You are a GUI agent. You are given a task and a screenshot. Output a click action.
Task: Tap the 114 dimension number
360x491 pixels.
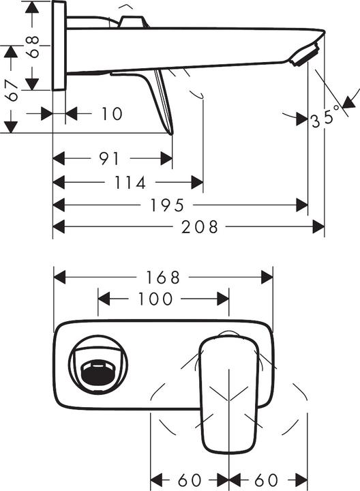[132, 183]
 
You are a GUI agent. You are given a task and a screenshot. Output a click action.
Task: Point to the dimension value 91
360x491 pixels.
[109, 159]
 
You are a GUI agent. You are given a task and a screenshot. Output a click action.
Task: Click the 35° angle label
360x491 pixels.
[325, 119]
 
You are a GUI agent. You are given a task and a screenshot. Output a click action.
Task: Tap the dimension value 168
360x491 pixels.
[164, 278]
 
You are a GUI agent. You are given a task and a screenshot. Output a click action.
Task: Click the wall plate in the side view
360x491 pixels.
[59, 45]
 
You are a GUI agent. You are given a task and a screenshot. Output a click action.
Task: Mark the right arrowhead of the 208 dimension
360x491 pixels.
[318, 226]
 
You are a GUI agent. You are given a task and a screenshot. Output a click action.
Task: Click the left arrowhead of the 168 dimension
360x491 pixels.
[59, 278]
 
